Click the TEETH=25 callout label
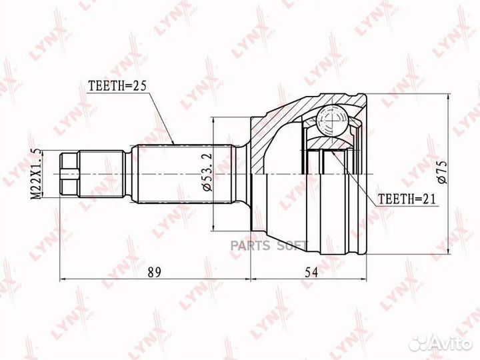(117, 86)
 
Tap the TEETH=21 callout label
(407, 199)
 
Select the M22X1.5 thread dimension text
(37, 173)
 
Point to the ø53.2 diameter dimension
(207, 173)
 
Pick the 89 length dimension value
(154, 272)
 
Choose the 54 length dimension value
(311, 272)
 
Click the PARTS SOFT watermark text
(269, 245)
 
